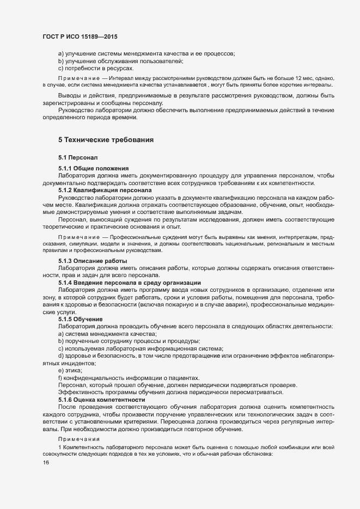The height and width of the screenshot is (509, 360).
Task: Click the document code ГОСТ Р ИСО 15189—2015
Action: point(80,36)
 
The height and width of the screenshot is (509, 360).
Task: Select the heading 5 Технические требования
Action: point(106,139)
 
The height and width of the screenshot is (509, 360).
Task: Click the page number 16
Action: point(46,463)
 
